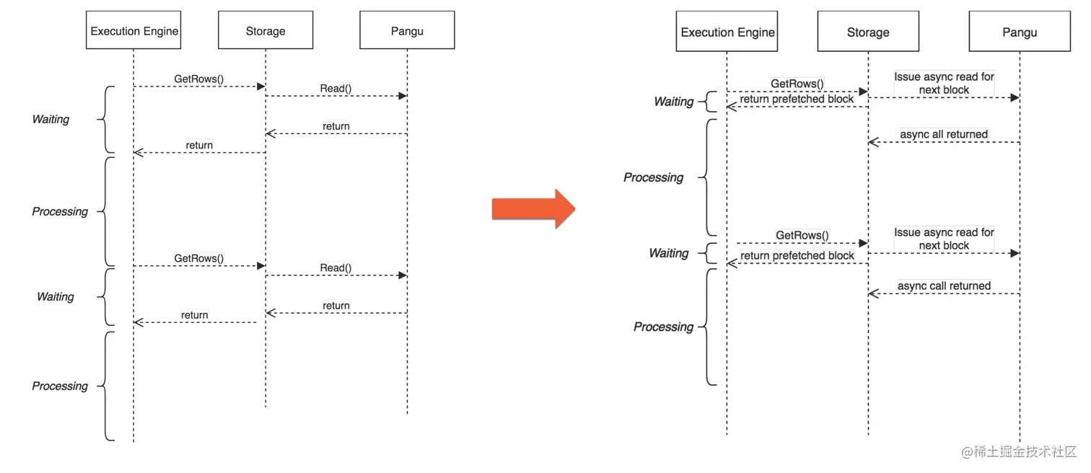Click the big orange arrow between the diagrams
(x=533, y=209)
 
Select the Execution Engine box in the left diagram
(x=133, y=30)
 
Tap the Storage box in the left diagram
(x=266, y=30)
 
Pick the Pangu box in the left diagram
(x=407, y=30)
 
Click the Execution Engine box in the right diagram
(x=727, y=32)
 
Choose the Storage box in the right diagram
(x=868, y=32)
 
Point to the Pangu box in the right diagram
(x=1020, y=32)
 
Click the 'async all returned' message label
(x=943, y=134)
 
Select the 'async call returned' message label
(x=944, y=286)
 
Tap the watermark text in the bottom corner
(x=1018, y=451)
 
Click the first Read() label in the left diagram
(x=336, y=89)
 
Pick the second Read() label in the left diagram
(x=336, y=268)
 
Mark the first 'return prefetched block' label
(x=797, y=99)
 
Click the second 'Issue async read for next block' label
(x=944, y=239)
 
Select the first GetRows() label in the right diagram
(x=797, y=84)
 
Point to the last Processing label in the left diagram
(x=60, y=386)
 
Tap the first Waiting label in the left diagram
(x=51, y=119)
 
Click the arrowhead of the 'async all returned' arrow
(x=873, y=142)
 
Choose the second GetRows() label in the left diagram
(x=198, y=258)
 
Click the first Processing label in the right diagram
(x=653, y=177)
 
